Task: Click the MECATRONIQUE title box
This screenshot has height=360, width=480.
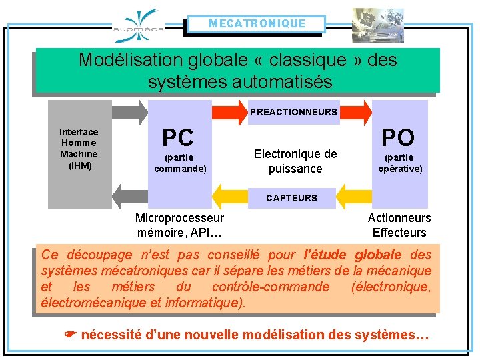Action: [x=257, y=24]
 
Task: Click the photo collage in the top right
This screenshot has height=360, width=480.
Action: [x=378, y=25]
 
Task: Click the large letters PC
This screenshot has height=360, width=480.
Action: [x=178, y=138]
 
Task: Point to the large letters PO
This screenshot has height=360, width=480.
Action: [x=398, y=138]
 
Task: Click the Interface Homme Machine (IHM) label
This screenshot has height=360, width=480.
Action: [x=79, y=148]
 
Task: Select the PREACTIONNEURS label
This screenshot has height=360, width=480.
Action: [x=293, y=112]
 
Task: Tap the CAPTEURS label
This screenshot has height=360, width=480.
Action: [x=291, y=198]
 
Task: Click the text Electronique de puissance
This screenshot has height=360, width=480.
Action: [x=295, y=161]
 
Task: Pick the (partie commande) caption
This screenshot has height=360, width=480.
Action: [x=180, y=163]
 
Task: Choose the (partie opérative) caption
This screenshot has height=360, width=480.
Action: [x=400, y=163]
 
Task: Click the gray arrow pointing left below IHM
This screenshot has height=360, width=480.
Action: [x=130, y=196]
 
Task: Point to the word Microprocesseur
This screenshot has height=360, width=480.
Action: [x=179, y=218]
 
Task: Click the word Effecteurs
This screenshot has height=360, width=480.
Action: [x=399, y=233]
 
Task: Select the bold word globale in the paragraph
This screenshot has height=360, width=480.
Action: [x=378, y=255]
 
